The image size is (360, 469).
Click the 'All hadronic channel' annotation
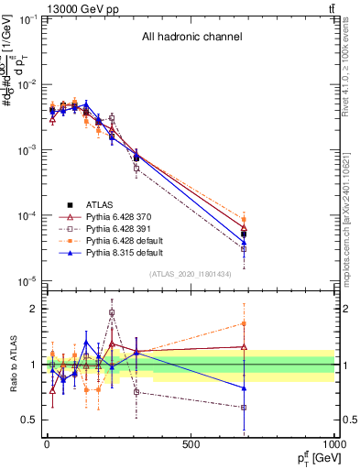(x=191, y=38)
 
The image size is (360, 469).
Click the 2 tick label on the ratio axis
(x=32, y=309)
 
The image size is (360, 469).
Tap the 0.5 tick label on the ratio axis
(x=27, y=420)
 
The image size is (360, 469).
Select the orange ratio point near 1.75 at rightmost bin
(x=244, y=322)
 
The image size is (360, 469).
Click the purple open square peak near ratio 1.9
(x=112, y=312)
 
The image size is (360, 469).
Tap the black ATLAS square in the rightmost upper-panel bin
(x=244, y=234)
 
